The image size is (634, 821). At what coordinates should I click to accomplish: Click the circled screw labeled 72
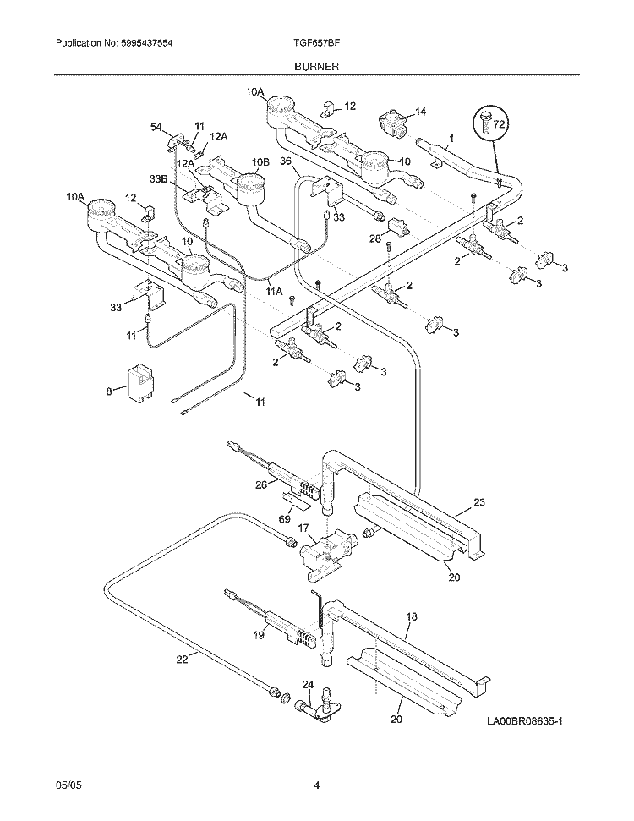click(489, 123)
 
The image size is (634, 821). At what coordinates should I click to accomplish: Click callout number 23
click(478, 502)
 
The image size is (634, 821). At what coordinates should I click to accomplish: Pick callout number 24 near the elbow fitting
click(307, 685)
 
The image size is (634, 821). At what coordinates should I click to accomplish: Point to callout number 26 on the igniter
click(261, 484)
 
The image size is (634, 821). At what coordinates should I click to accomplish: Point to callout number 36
click(286, 161)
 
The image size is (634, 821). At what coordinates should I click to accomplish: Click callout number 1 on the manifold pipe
click(451, 137)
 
